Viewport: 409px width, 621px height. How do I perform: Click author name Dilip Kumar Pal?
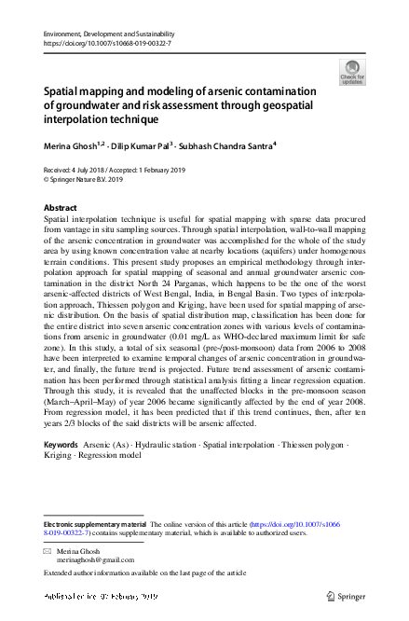pyautogui.click(x=148, y=146)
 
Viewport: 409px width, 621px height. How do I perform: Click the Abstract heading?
pyautogui.click(x=61, y=206)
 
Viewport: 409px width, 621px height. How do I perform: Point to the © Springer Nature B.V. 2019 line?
pyautogui.click(x=84, y=179)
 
